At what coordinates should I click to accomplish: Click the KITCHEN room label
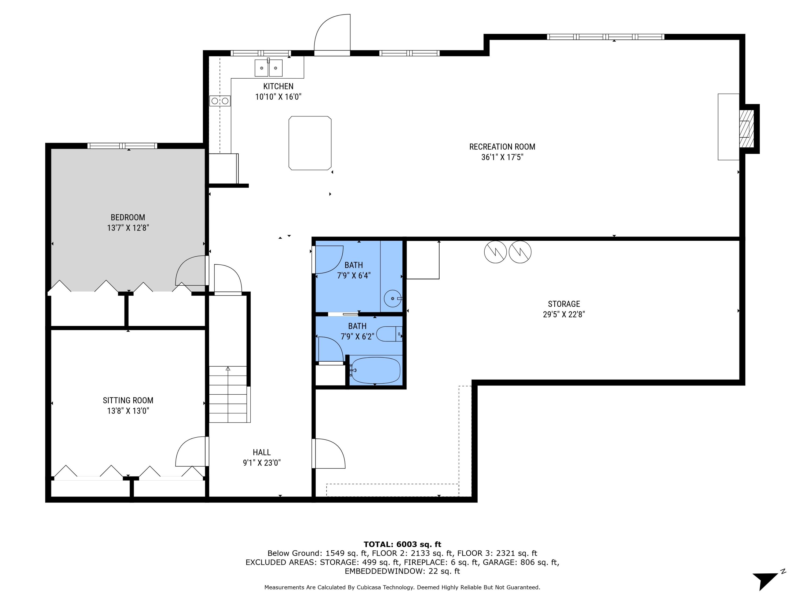click(x=278, y=86)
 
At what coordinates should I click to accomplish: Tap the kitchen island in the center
click(x=310, y=143)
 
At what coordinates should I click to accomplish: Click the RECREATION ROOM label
click(x=502, y=147)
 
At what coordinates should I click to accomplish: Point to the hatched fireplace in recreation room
click(x=746, y=129)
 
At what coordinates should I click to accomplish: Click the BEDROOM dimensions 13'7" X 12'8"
click(x=128, y=228)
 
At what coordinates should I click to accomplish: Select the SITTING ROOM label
click(x=128, y=401)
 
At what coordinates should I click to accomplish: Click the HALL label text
click(x=262, y=452)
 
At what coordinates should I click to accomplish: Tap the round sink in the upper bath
click(x=392, y=299)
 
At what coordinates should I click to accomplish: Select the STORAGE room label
click(x=564, y=304)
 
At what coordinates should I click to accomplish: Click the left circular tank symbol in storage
click(x=495, y=252)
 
